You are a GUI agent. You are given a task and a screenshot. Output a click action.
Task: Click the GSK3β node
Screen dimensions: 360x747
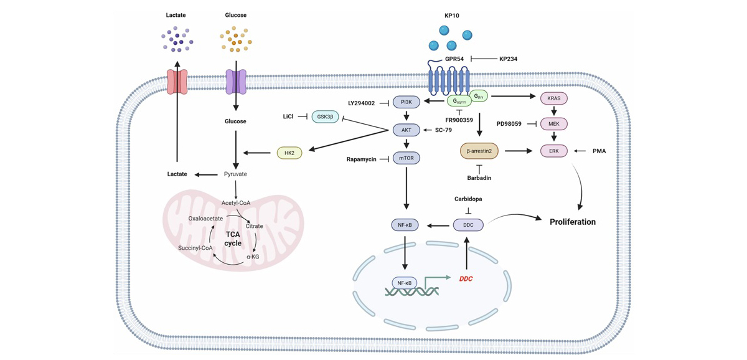(325, 116)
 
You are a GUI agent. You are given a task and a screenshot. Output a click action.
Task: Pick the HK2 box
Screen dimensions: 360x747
(289, 152)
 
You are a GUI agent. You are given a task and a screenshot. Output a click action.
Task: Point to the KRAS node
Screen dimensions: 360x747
(553, 98)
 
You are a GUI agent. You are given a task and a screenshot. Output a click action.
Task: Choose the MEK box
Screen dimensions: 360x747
(553, 124)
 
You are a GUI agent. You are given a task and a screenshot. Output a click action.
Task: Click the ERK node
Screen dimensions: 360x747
(553, 151)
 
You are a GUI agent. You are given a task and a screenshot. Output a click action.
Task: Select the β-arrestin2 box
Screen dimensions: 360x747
(479, 151)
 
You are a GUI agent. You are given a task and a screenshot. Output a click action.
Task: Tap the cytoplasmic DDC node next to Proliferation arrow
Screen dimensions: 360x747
(468, 224)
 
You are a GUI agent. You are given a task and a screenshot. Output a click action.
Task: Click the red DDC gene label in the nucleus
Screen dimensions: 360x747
(466, 278)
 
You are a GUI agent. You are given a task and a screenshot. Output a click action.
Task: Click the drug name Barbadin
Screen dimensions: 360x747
(479, 179)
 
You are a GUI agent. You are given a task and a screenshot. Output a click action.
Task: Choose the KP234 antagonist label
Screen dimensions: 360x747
(508, 59)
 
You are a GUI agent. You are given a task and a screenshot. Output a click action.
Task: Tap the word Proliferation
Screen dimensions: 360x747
(573, 222)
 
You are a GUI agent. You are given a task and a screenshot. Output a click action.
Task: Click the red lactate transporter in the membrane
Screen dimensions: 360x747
(177, 82)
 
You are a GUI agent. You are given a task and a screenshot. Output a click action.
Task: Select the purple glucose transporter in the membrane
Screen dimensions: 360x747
(236, 82)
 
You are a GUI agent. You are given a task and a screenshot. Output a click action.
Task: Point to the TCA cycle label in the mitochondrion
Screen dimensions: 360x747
(233, 239)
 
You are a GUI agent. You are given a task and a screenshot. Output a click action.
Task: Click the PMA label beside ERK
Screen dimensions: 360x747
(599, 151)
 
